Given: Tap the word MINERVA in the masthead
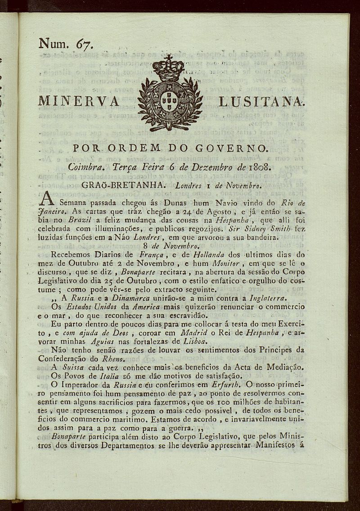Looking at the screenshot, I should [79, 101].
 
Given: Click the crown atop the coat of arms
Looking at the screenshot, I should [169, 68].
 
